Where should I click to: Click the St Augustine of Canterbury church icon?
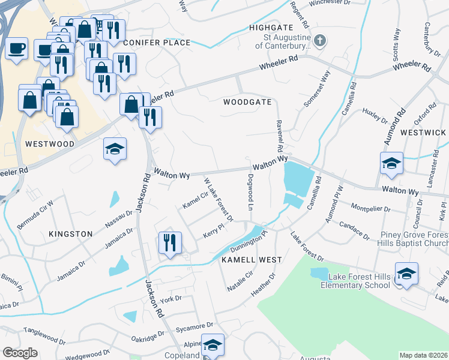(x=321, y=41)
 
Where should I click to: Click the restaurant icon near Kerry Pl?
(x=170, y=242)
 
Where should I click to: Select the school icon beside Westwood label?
(x=115, y=149)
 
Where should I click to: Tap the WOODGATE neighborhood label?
(x=244, y=103)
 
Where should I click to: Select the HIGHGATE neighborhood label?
(x=270, y=28)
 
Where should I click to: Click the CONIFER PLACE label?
(x=157, y=43)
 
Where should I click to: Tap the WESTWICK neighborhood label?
(x=423, y=132)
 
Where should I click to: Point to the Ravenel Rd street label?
(x=279, y=135)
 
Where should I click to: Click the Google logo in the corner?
(x=20, y=353)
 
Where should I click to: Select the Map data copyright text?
(x=424, y=355)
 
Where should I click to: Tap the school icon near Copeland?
(x=212, y=344)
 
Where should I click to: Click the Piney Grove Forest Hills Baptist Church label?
(x=414, y=239)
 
